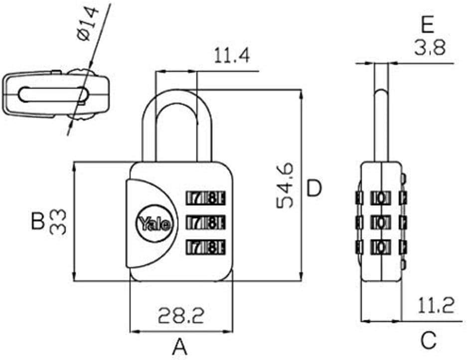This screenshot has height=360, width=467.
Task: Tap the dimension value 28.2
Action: pos(181,315)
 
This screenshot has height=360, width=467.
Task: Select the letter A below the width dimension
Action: pos(180,346)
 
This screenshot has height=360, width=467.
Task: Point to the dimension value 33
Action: pos(59,222)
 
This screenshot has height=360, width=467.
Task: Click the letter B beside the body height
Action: pos(38,221)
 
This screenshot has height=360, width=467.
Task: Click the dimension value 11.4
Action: pos(231,55)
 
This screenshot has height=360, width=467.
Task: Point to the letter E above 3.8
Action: pos(428,24)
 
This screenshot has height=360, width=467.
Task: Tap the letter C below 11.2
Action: pos(428,341)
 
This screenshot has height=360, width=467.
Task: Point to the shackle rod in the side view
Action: pos(381,125)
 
